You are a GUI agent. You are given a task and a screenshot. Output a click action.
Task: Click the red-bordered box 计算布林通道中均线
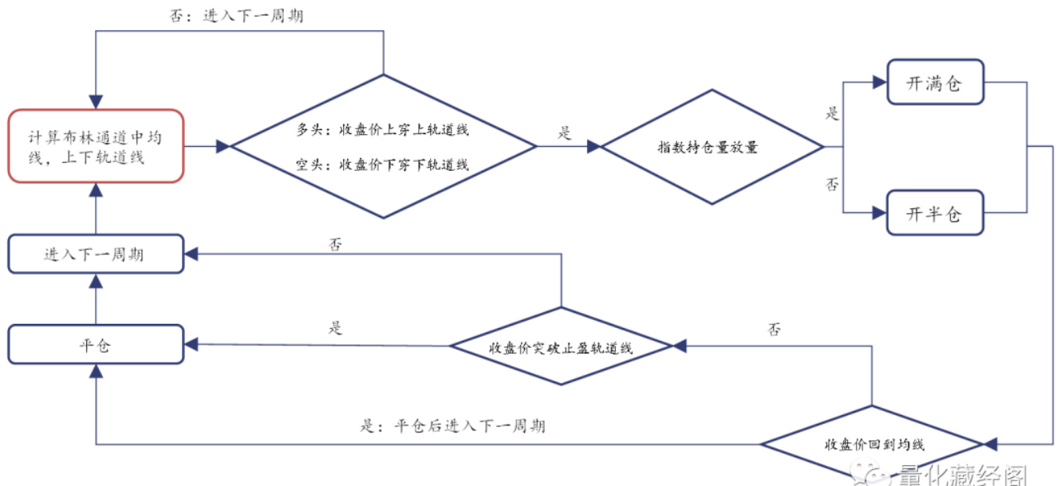click(96, 146)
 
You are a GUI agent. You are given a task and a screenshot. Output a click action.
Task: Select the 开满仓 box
click(935, 83)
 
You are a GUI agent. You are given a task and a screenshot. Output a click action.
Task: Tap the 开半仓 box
click(935, 213)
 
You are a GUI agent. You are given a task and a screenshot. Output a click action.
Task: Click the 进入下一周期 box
click(96, 255)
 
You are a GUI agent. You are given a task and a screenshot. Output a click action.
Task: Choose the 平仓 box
click(96, 345)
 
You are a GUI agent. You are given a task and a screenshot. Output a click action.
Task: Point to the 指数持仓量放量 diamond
click(711, 147)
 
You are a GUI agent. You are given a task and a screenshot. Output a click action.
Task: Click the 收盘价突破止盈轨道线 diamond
click(562, 346)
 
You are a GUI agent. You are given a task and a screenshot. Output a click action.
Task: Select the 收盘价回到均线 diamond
click(872, 444)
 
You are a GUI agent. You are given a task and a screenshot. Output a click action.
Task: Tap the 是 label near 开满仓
click(833, 113)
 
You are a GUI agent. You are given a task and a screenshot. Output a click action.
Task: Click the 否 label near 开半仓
click(833, 184)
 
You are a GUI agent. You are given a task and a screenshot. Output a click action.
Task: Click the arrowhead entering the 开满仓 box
click(880, 82)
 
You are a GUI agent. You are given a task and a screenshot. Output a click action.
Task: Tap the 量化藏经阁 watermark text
click(960, 475)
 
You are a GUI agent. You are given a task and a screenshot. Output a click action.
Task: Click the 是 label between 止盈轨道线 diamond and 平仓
click(335, 328)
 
